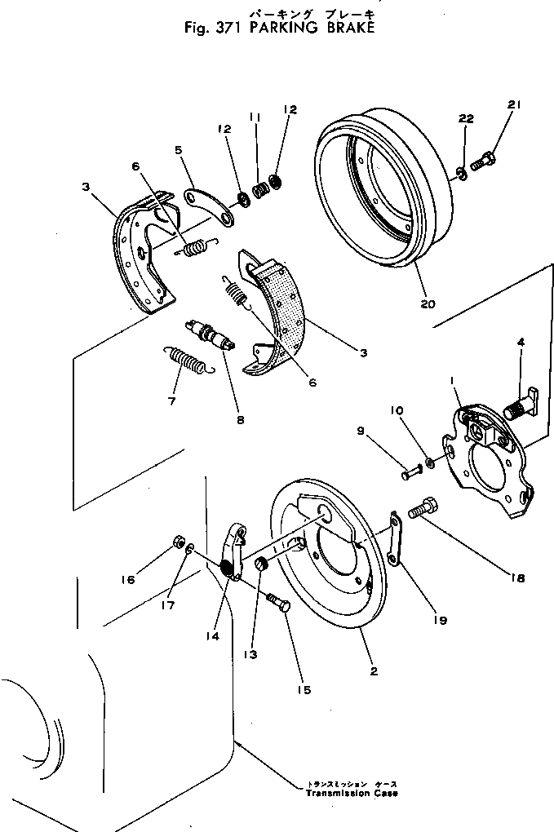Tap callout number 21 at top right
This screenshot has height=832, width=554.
513,104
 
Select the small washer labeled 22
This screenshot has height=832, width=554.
462,172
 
